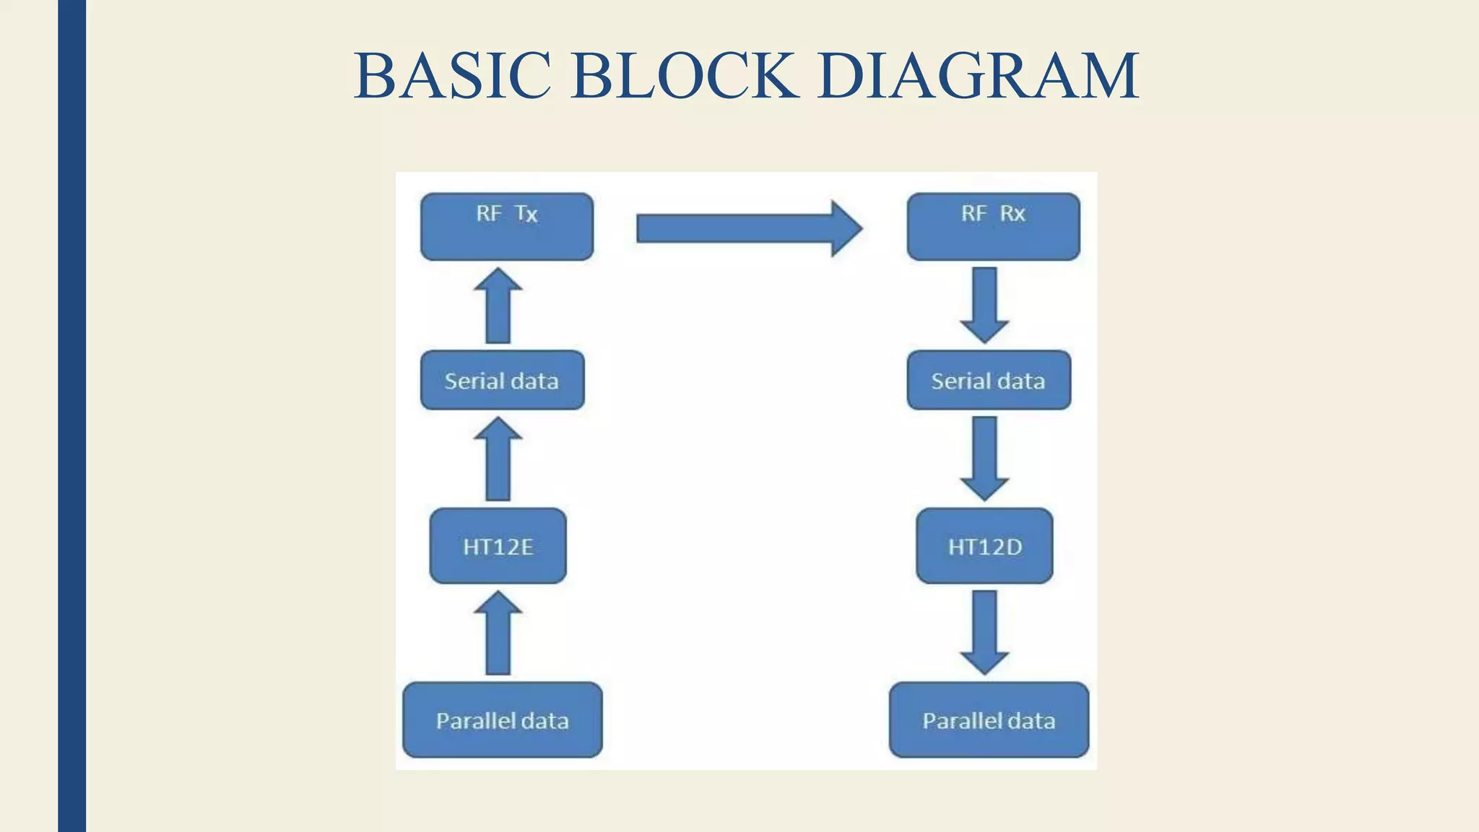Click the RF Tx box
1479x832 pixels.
(507, 227)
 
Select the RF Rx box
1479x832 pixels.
(993, 227)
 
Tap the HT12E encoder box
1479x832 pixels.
(498, 547)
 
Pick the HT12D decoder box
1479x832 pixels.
(984, 547)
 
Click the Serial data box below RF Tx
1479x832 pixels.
(502, 381)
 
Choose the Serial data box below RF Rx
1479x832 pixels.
(989, 381)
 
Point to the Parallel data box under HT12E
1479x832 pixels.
(502, 720)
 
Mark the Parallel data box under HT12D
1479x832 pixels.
(989, 720)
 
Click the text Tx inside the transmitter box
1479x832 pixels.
(526, 214)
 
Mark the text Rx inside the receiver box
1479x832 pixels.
(1012, 214)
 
